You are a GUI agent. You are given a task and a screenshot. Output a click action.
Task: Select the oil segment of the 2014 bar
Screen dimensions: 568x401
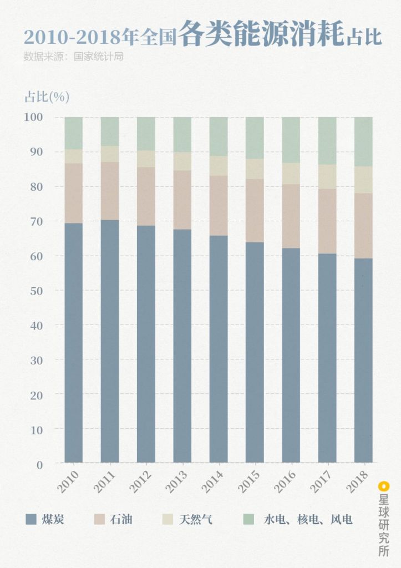[219, 206]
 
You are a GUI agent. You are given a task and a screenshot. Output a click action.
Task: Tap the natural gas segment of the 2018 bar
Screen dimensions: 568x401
[363, 180]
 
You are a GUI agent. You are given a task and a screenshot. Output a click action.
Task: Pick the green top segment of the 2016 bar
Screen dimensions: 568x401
[291, 140]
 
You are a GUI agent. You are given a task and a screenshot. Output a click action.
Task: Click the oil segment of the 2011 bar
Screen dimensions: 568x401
[110, 191]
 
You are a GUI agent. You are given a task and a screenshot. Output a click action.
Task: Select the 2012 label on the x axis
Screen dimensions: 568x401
[140, 481]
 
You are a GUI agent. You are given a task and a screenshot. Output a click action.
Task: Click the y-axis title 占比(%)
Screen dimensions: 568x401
[47, 97]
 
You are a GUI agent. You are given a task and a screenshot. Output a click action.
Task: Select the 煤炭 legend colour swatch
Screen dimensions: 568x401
[32, 520]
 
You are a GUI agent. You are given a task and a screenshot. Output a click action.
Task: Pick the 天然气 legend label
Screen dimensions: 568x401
[195, 520]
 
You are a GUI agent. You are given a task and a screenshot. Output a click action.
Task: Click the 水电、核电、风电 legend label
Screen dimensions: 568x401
[308, 520]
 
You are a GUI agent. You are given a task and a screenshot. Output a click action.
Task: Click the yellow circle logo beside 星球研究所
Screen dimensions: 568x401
[383, 486]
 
